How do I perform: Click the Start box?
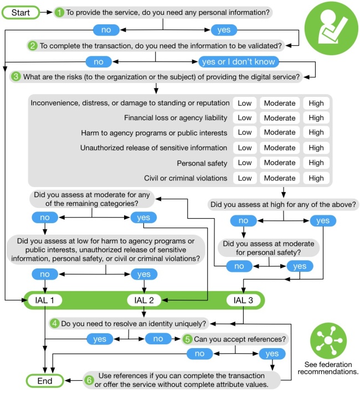pyautogui.click(x=20, y=12)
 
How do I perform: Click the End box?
pyautogui.click(x=45, y=381)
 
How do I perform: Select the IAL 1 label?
pyautogui.click(x=44, y=301)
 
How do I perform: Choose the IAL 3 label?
pyautogui.click(x=243, y=301)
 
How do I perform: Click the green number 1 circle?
pyautogui.click(x=59, y=12)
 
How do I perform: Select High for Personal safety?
pyautogui.click(x=316, y=163)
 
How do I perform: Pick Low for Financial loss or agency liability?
pyautogui.click(x=244, y=118)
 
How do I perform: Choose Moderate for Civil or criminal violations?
pyautogui.click(x=279, y=178)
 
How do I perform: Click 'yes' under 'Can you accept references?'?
pyautogui.click(x=272, y=353)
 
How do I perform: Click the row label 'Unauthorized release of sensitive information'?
pyautogui.click(x=153, y=148)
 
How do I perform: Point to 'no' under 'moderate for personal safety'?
pyautogui.click(x=239, y=266)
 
